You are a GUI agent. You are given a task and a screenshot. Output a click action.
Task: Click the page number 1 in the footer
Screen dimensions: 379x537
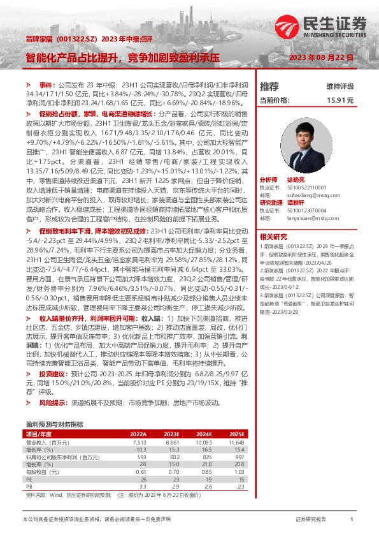(351, 520)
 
